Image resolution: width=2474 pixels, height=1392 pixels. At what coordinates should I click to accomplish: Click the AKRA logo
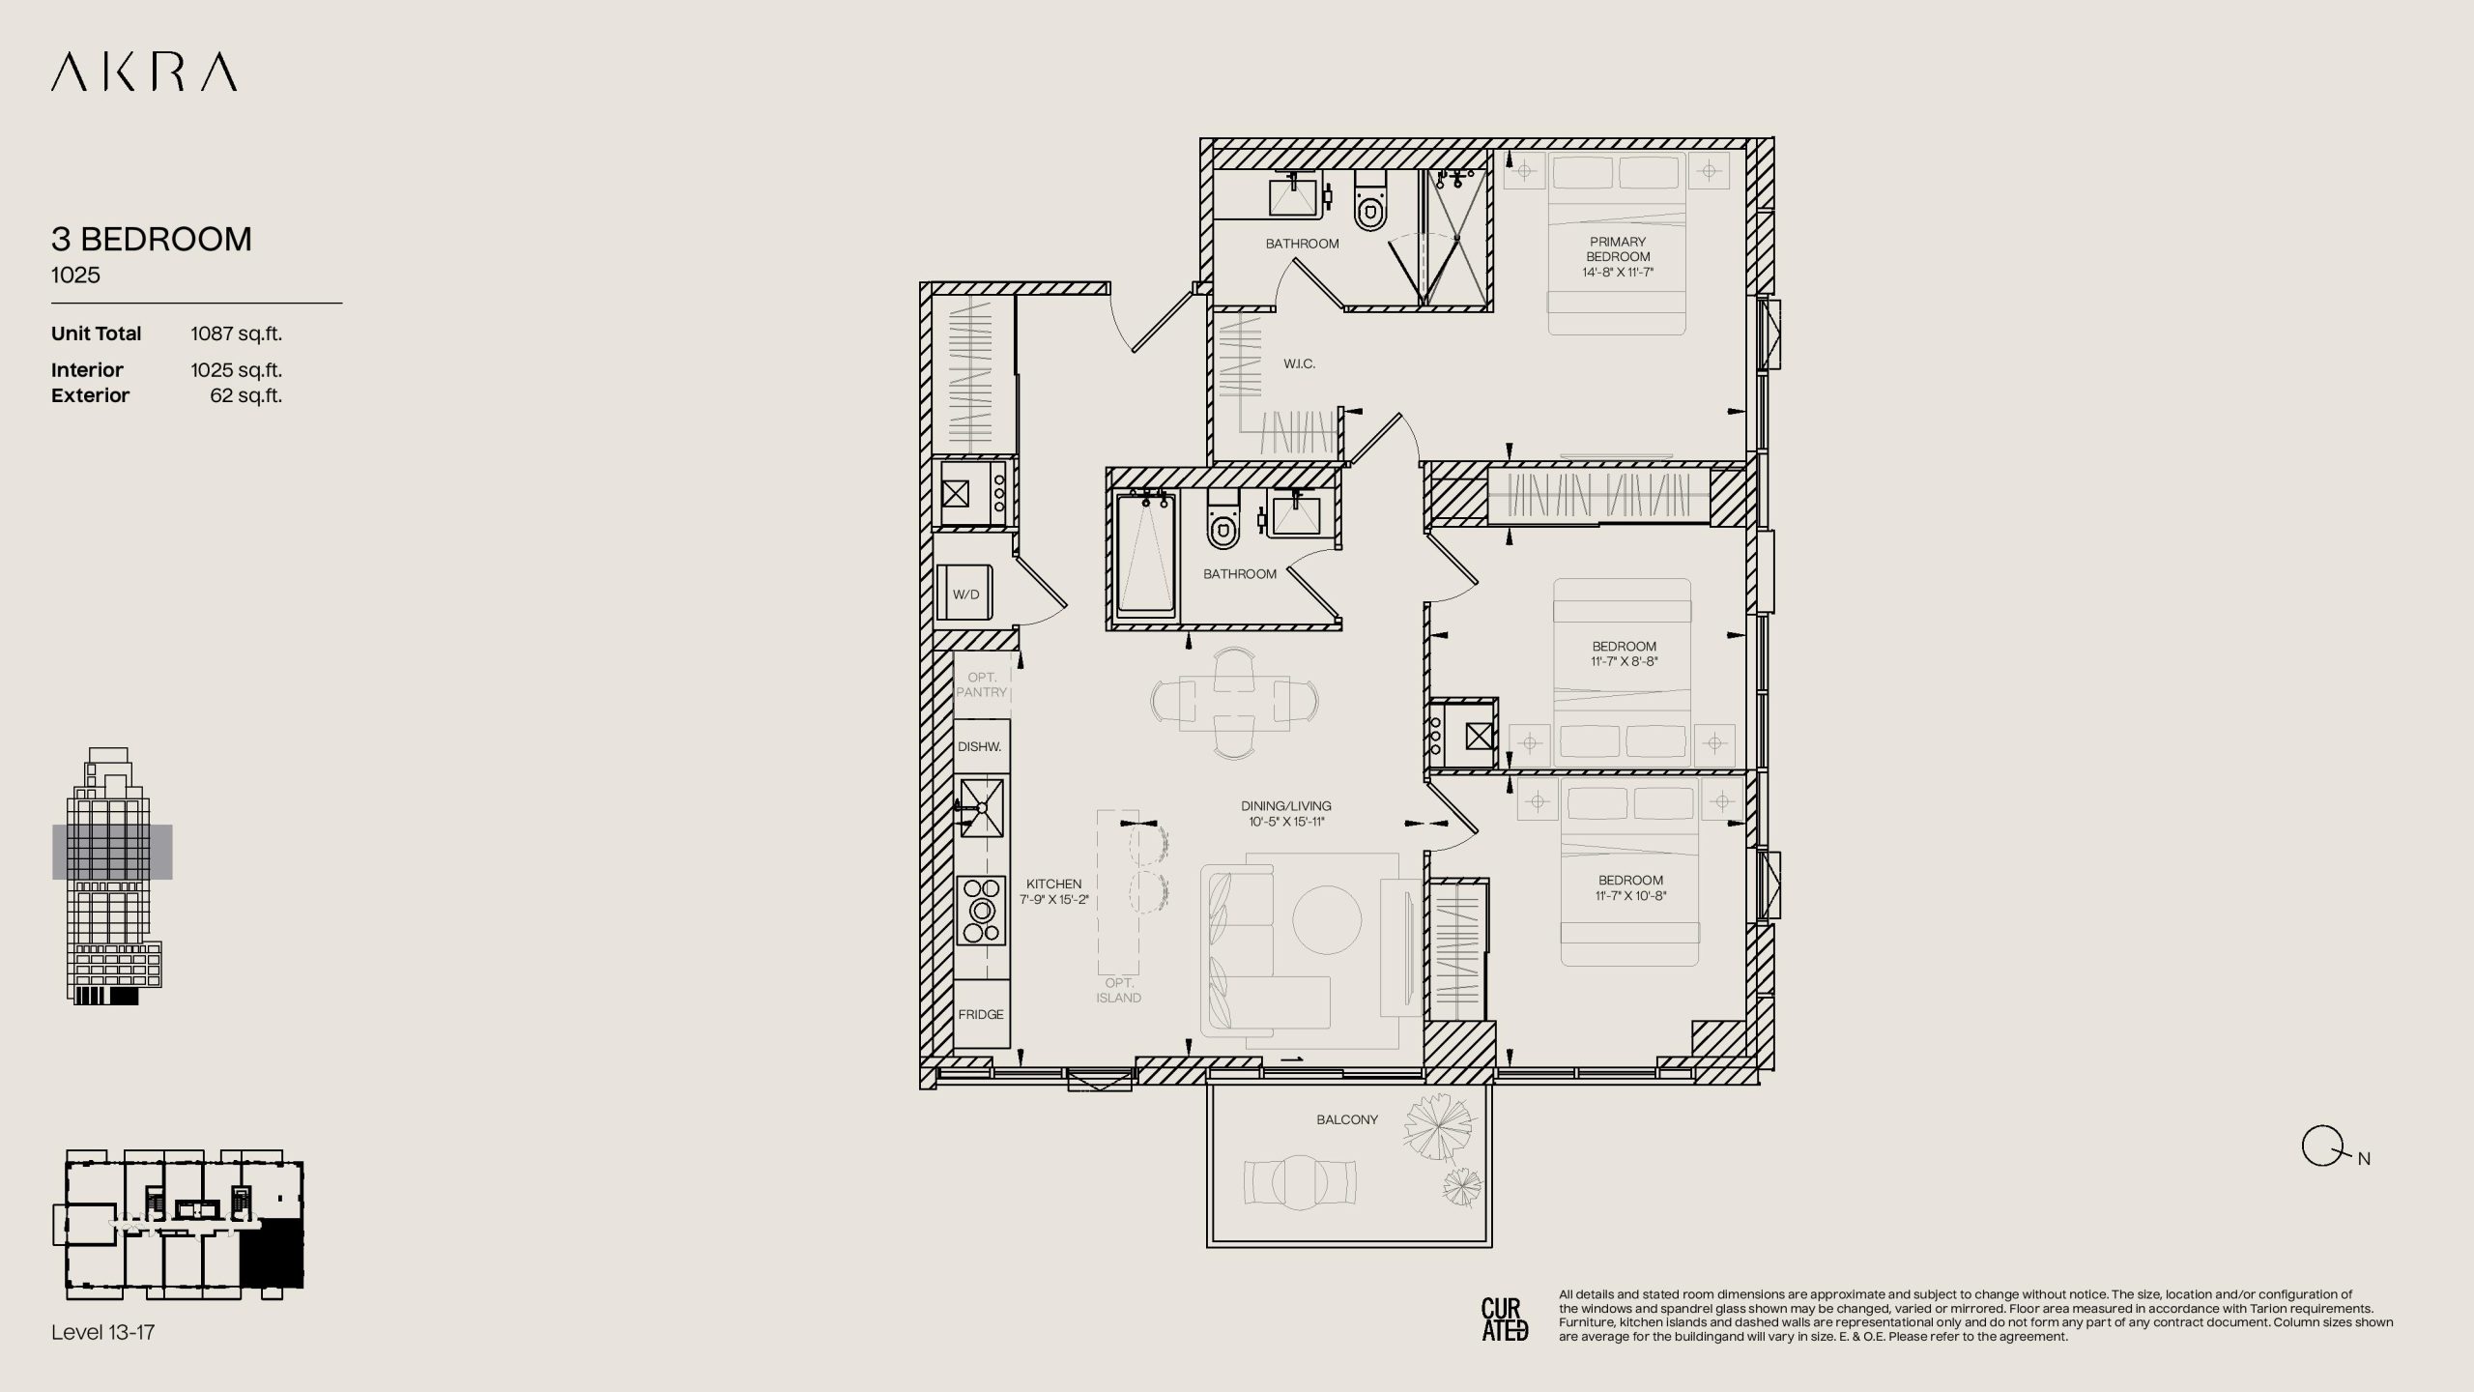(x=144, y=72)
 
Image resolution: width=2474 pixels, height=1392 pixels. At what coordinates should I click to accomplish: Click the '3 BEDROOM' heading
(x=152, y=239)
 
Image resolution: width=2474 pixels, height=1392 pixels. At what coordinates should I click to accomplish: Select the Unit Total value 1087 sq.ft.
(x=236, y=333)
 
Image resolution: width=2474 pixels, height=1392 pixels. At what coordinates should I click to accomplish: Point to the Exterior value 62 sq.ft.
(x=245, y=395)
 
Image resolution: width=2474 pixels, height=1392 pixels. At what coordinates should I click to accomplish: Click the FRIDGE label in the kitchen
(x=981, y=1014)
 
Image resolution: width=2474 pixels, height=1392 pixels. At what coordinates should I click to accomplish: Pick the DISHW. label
(x=980, y=746)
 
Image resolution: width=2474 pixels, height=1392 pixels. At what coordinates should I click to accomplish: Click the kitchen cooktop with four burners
(x=982, y=910)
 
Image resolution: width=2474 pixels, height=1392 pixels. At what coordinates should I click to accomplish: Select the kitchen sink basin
(x=981, y=807)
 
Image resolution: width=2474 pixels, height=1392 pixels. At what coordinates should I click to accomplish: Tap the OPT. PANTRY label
(x=982, y=684)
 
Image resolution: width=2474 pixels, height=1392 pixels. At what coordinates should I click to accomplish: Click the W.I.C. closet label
(x=1299, y=363)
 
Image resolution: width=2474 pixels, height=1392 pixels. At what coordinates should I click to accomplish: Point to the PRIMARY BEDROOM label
(x=1618, y=249)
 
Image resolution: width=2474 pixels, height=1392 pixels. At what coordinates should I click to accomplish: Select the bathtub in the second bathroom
(x=1146, y=554)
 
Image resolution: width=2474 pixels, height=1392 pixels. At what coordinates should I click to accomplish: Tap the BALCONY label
(x=1347, y=1119)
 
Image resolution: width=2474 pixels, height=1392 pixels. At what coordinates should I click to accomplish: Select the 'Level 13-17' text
(x=103, y=1332)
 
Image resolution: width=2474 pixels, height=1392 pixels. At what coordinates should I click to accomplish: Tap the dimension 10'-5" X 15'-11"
(x=1286, y=822)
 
